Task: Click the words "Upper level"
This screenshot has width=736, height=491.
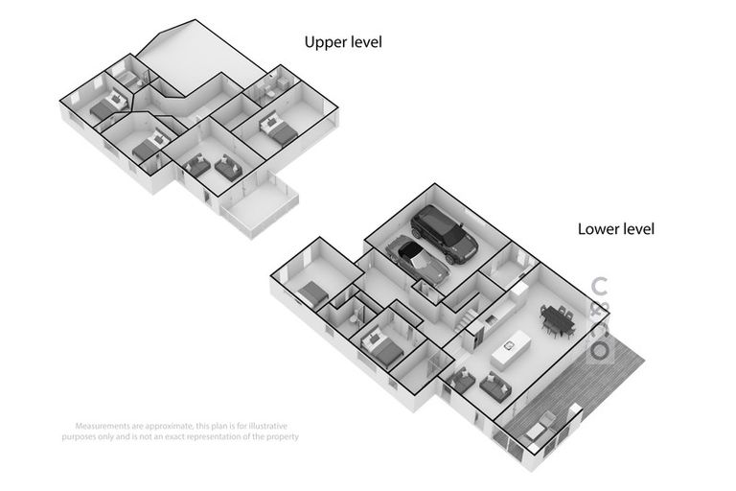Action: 342,42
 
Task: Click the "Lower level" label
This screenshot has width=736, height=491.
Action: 615,229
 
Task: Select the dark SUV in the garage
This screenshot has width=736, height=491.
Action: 444,234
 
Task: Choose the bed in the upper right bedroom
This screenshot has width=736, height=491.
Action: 278,129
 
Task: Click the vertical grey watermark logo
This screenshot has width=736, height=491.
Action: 600,319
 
